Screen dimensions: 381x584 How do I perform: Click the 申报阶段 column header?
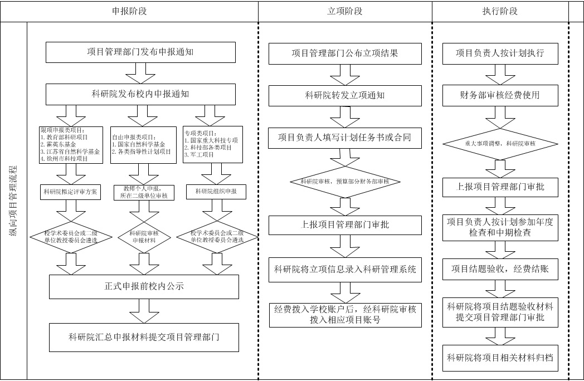click(x=142, y=11)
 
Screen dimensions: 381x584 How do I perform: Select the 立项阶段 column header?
click(x=344, y=11)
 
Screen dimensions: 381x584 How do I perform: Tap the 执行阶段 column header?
click(x=499, y=11)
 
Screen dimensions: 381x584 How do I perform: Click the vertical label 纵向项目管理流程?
click(x=13, y=201)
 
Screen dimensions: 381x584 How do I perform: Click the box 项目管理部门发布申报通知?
click(x=140, y=52)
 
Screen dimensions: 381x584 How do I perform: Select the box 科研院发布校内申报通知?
click(x=140, y=94)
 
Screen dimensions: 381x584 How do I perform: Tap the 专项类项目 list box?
click(x=213, y=144)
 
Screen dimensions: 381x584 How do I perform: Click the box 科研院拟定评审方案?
click(x=71, y=192)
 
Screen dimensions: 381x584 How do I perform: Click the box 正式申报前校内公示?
click(x=144, y=287)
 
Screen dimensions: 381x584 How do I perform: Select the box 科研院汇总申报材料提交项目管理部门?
click(x=144, y=336)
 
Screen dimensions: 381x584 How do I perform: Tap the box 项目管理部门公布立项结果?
click(x=344, y=53)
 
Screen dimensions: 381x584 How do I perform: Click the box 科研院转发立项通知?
click(x=344, y=95)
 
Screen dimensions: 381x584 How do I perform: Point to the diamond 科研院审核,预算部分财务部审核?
click(x=344, y=182)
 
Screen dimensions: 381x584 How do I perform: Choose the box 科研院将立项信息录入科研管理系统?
click(x=345, y=270)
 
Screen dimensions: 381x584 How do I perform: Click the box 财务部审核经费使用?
click(x=499, y=95)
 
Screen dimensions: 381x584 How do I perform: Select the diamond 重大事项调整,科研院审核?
click(x=500, y=144)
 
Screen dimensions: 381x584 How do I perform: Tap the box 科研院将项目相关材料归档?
click(x=500, y=358)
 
